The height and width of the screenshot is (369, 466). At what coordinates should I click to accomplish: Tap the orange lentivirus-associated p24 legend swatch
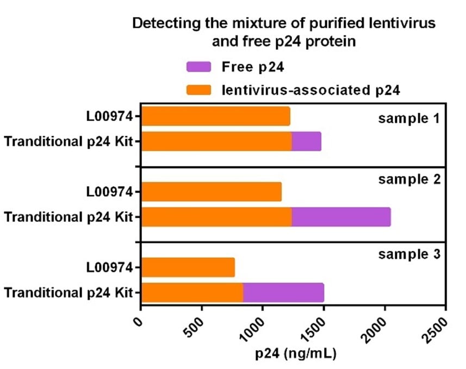[x=200, y=91]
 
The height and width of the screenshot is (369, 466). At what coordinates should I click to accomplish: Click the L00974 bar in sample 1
[x=215, y=116]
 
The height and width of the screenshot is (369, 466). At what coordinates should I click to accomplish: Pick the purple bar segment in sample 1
[x=306, y=142]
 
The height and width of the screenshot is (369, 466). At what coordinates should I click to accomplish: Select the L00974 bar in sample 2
[x=211, y=192]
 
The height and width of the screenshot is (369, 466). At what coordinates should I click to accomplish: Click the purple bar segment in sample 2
[x=341, y=217]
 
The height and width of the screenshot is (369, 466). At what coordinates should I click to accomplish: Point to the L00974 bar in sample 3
[x=188, y=268]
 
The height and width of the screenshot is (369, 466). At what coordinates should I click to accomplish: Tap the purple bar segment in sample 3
[x=283, y=293]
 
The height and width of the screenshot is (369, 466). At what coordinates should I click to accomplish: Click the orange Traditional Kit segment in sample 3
[x=192, y=293]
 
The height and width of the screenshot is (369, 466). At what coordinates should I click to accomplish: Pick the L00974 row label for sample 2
[x=110, y=192]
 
